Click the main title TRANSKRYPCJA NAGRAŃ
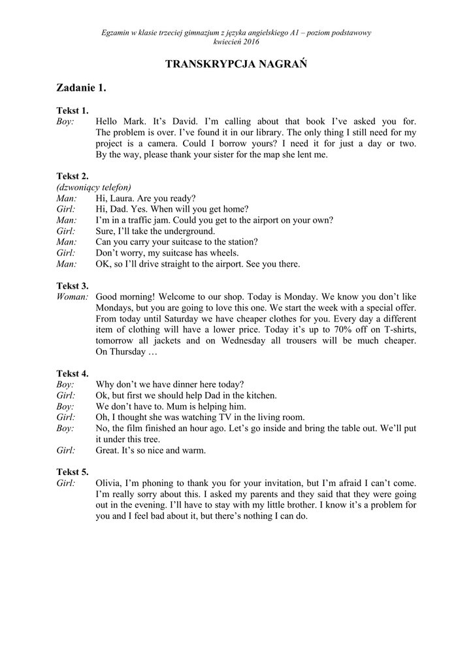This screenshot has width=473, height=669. point(236,63)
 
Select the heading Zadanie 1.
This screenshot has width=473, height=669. point(82,88)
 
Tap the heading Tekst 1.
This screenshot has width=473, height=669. point(73,110)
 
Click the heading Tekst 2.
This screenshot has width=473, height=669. point(73,176)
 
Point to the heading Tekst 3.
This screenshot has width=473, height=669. point(73,286)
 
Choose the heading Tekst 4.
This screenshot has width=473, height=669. point(73,374)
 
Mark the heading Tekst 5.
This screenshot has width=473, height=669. point(73,472)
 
